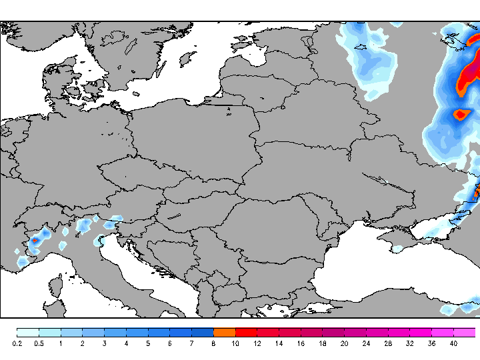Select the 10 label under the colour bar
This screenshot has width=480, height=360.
[x=235, y=343]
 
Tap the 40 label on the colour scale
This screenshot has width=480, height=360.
[x=453, y=343]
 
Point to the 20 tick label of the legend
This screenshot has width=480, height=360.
[x=344, y=343]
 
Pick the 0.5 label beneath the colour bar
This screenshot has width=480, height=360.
[x=39, y=343]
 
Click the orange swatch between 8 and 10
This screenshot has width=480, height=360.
[x=225, y=332]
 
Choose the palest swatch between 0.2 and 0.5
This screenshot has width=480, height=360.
[x=28, y=332]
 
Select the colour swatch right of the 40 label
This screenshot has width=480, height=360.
[x=465, y=332]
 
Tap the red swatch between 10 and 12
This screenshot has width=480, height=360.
[x=246, y=332]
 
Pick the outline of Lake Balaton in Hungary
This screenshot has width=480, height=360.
[x=174, y=215]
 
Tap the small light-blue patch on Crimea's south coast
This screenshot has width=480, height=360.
[x=397, y=249]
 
